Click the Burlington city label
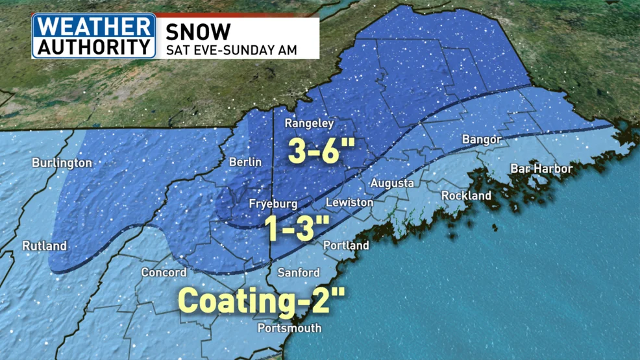[62, 163]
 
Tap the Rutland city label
[45, 246]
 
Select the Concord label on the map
[164, 272]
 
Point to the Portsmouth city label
[289, 328]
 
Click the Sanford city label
[299, 272]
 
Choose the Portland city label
[347, 245]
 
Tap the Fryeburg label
[273, 204]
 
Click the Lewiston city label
[349, 202]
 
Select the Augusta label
[392, 184]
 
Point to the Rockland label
[466, 195]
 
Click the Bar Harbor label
[541, 169]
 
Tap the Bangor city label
[481, 139]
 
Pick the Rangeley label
[310, 123]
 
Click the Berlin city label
[245, 162]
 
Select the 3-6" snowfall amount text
[321, 151]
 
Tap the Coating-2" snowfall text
[261, 300]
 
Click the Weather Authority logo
[95, 36]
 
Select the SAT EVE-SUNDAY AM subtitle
[232, 50]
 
